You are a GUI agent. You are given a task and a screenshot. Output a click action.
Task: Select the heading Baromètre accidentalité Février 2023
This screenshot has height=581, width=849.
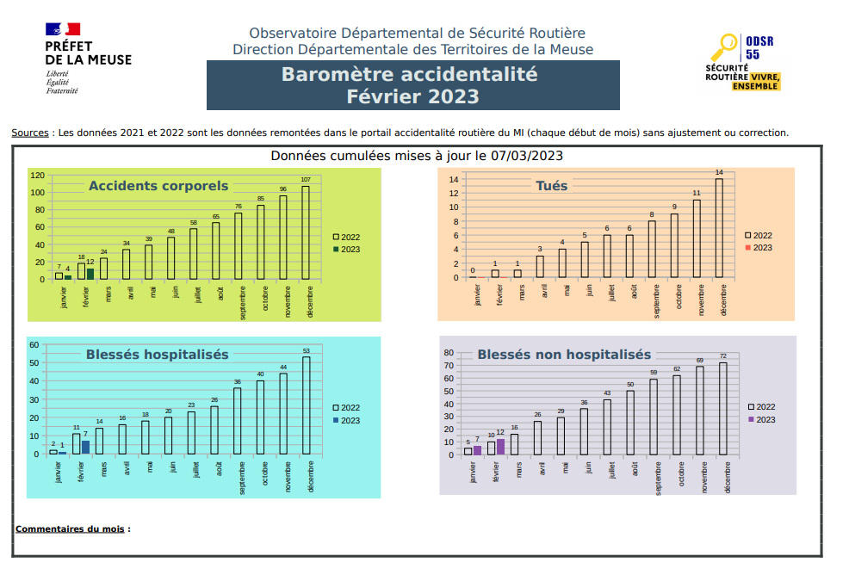(412, 85)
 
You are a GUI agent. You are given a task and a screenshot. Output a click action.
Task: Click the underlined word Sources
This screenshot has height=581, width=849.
(29, 133)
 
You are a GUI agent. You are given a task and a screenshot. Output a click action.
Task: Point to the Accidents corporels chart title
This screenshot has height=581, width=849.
(158, 186)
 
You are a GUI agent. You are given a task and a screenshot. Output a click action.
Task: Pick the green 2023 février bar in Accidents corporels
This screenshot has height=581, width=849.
(90, 274)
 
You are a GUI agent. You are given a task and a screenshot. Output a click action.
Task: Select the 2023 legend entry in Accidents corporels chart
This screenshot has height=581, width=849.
(345, 250)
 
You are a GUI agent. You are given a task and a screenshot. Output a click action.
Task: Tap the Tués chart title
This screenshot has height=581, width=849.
(551, 186)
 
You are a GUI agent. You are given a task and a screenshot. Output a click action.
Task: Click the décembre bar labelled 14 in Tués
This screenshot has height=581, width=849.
(719, 227)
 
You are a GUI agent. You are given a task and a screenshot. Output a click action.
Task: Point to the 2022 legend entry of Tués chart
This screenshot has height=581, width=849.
(758, 235)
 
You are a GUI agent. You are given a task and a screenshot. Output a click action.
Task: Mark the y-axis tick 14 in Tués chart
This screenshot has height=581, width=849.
(454, 179)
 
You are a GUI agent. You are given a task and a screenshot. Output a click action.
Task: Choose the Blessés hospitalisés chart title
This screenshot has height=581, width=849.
(157, 355)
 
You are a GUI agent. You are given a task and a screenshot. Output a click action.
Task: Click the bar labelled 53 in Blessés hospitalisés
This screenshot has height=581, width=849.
(307, 405)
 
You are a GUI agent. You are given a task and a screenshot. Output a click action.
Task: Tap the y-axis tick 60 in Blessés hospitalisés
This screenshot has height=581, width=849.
(34, 345)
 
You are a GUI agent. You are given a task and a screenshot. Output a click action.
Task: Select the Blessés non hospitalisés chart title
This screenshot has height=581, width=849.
(564, 355)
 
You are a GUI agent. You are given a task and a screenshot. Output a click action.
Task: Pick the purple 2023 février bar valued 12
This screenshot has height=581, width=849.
(500, 447)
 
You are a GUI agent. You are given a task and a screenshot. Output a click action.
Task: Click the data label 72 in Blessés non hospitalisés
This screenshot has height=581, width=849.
(723, 356)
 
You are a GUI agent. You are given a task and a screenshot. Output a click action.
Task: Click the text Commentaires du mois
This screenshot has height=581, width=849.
(71, 528)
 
